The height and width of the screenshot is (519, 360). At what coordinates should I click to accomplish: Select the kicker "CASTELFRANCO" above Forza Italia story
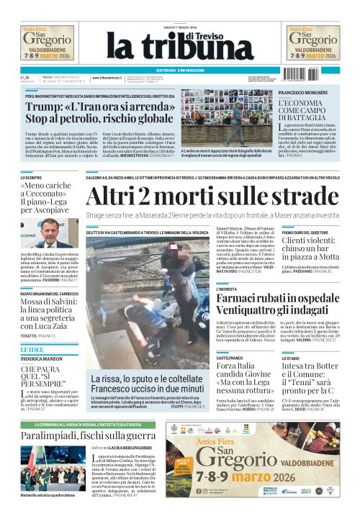coord(230,357)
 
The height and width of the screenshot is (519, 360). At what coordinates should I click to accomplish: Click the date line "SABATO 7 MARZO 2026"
coord(179,28)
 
